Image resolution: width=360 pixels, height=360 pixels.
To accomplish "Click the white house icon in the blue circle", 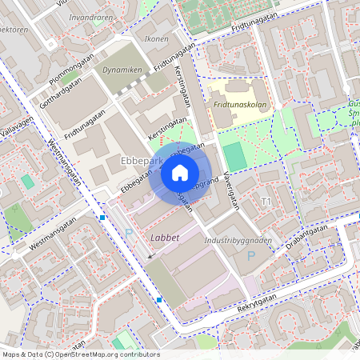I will pyautogui.click(x=180, y=172).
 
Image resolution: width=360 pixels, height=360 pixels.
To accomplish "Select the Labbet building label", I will pyautogui.click(x=165, y=238).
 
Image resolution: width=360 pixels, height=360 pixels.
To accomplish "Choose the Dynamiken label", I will pyautogui.click(x=122, y=70).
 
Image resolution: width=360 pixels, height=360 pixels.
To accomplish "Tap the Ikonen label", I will pyautogui.click(x=155, y=38).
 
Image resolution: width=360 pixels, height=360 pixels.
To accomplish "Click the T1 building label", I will pyautogui.click(x=266, y=201).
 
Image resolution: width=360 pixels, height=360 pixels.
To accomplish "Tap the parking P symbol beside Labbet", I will pyautogui.click(x=130, y=234).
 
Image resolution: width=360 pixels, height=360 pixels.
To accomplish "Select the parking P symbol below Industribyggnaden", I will pyautogui.click(x=251, y=256).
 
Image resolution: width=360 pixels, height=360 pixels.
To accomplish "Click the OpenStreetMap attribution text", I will pyautogui.click(x=80, y=354).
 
